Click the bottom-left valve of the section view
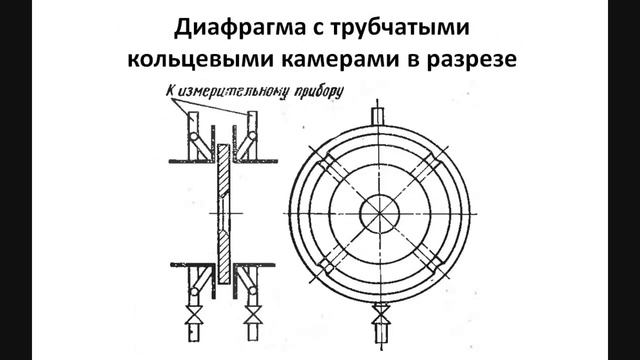pyautogui.click(x=191, y=322)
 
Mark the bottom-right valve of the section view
pyautogui.click(x=256, y=322)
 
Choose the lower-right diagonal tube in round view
pyautogui.click(x=438, y=268)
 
